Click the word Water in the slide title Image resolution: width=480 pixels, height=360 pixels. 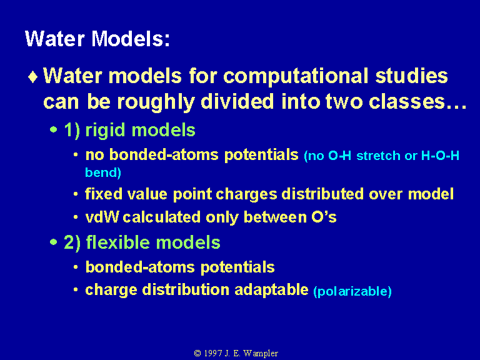tap(55, 39)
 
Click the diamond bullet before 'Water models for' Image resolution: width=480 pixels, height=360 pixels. tap(32, 77)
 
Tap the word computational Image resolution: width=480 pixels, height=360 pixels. tap(296, 76)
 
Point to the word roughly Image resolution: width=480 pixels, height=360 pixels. tap(156, 102)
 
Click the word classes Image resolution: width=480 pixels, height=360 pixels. tap(407, 102)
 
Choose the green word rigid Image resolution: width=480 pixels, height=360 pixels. tap(105, 131)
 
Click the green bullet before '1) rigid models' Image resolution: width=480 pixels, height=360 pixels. tap(54, 130)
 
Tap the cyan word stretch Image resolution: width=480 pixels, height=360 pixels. tap(378, 156)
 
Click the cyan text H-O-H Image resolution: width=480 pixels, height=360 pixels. tap(440, 156)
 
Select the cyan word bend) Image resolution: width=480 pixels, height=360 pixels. tap(103, 172)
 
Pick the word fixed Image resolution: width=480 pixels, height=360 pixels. tap(104, 194)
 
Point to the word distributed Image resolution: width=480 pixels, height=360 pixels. tap(322, 194)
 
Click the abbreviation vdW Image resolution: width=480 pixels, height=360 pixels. tap(102, 217)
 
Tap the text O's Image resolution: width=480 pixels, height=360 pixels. tap(324, 217)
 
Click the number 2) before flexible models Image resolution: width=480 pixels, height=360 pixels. tap(72, 242)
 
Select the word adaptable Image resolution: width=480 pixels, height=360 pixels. tap(271, 289)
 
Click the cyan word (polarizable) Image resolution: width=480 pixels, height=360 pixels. tap(352, 291)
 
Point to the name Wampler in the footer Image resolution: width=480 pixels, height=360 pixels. tap(261, 353)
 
